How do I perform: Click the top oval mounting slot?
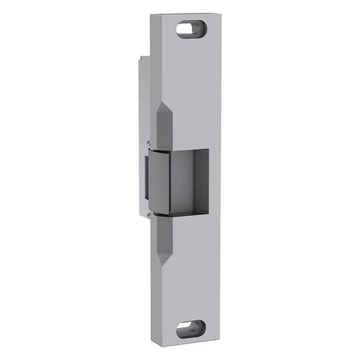click(191, 29)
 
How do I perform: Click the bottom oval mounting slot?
click(191, 328)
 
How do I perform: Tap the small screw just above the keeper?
click(148, 143)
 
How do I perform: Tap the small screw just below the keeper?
click(148, 213)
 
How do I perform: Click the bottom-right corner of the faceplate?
click(220, 343)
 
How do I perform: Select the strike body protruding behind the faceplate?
click(144, 112)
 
